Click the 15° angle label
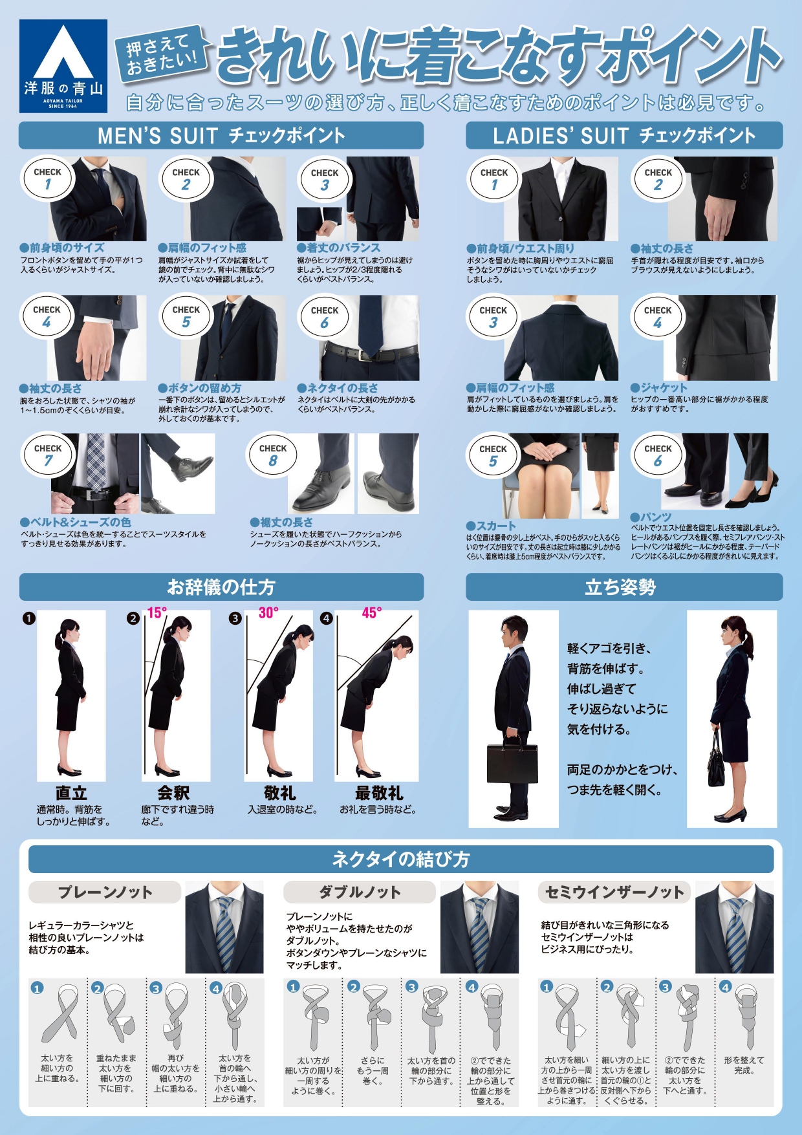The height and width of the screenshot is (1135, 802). click(157, 612)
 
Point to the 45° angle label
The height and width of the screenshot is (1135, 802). click(371, 612)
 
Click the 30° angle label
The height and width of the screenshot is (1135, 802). click(268, 612)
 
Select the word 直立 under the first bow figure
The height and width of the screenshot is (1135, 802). click(71, 793)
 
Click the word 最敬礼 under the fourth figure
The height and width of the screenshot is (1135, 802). click(378, 793)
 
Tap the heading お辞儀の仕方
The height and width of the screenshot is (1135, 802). click(221, 587)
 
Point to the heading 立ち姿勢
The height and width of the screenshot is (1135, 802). click(620, 587)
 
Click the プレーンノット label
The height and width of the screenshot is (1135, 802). click(105, 892)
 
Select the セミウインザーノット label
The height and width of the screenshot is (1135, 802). click(614, 892)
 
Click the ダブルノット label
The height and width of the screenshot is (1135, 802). click(360, 892)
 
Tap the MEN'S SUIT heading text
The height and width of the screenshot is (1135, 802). click(157, 136)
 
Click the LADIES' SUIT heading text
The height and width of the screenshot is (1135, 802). click(560, 136)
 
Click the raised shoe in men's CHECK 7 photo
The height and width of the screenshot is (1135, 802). click(191, 467)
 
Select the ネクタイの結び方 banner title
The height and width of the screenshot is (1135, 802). click(401, 859)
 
